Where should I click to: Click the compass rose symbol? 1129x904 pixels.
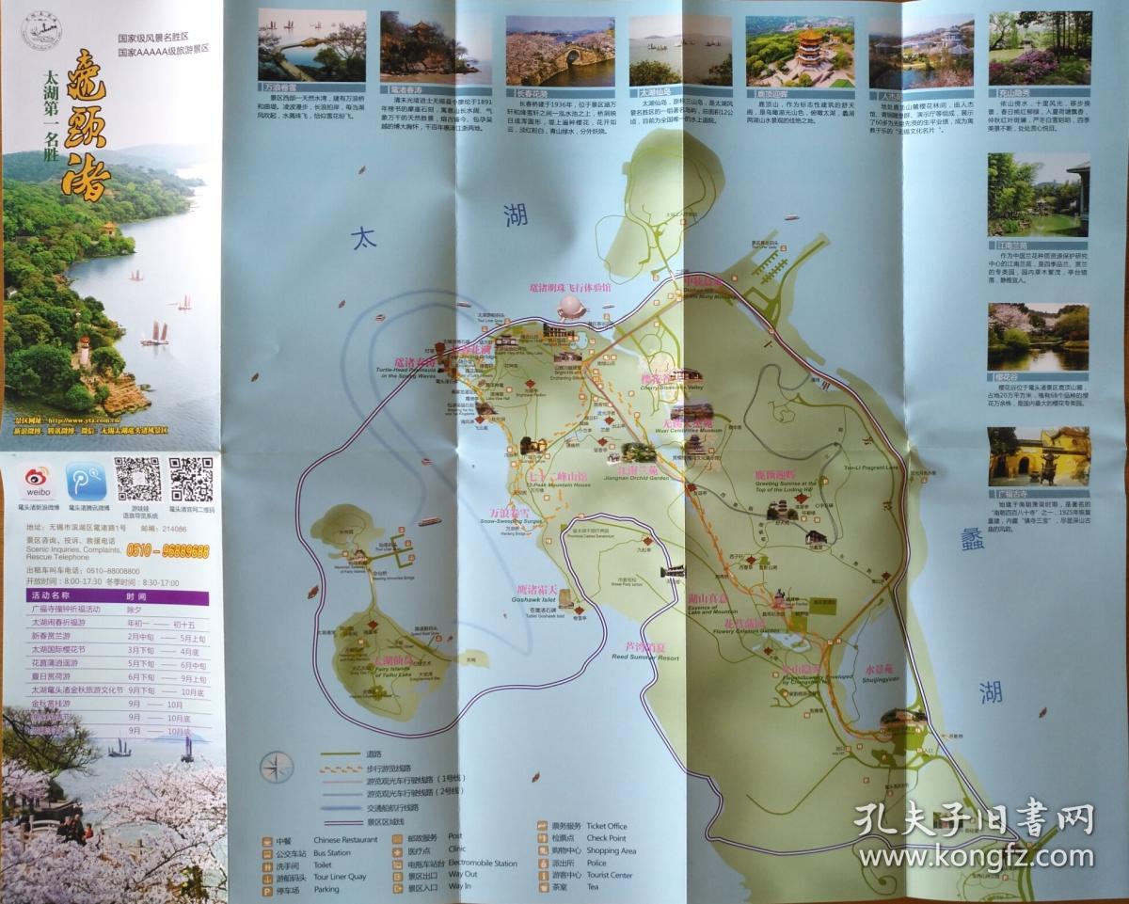[277, 769]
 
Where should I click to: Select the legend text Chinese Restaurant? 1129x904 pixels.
[345, 839]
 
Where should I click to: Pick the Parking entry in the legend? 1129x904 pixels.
[326, 889]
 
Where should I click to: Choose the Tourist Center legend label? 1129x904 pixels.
[609, 875]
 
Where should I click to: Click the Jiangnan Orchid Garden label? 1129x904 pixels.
[642, 478]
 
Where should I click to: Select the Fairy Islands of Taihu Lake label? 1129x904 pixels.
[392, 672]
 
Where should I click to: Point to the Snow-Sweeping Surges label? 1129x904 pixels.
[512, 520]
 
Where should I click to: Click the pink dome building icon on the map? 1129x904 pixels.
[570, 307]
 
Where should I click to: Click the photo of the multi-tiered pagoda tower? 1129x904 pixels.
[800, 52]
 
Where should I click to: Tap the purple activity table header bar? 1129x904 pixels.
[118, 596]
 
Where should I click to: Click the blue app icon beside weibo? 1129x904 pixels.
[86, 482]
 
